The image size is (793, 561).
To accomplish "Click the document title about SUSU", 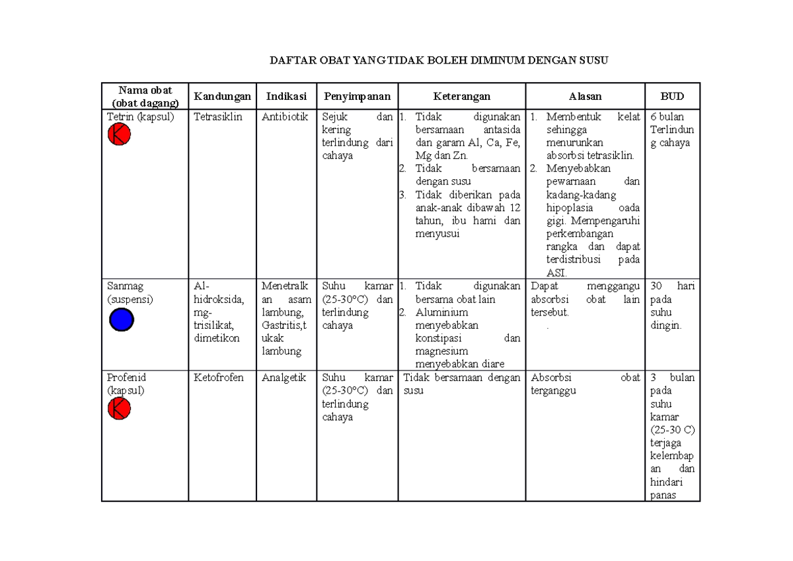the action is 438,61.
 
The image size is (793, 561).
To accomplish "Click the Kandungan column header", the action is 222,97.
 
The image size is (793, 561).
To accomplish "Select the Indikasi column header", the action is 286,97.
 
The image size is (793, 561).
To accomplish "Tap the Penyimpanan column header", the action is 357,97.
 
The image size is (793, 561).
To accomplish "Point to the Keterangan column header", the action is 461,97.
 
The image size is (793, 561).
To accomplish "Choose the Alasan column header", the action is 585,97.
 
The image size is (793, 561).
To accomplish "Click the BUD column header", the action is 672,97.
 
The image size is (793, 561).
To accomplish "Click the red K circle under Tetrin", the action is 120,135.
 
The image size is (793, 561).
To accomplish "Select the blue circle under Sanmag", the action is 122,320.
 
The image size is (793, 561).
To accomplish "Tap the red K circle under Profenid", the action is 120,410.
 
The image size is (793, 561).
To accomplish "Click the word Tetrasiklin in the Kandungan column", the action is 218,117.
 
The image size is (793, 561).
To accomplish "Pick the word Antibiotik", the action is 285,117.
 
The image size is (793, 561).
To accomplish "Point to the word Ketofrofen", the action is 219,378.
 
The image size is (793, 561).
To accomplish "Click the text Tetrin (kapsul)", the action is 139,117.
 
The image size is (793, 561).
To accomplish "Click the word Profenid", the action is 126,378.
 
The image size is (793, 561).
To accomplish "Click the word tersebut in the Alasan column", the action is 549,312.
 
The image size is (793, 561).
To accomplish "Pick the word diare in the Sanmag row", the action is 493,364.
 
